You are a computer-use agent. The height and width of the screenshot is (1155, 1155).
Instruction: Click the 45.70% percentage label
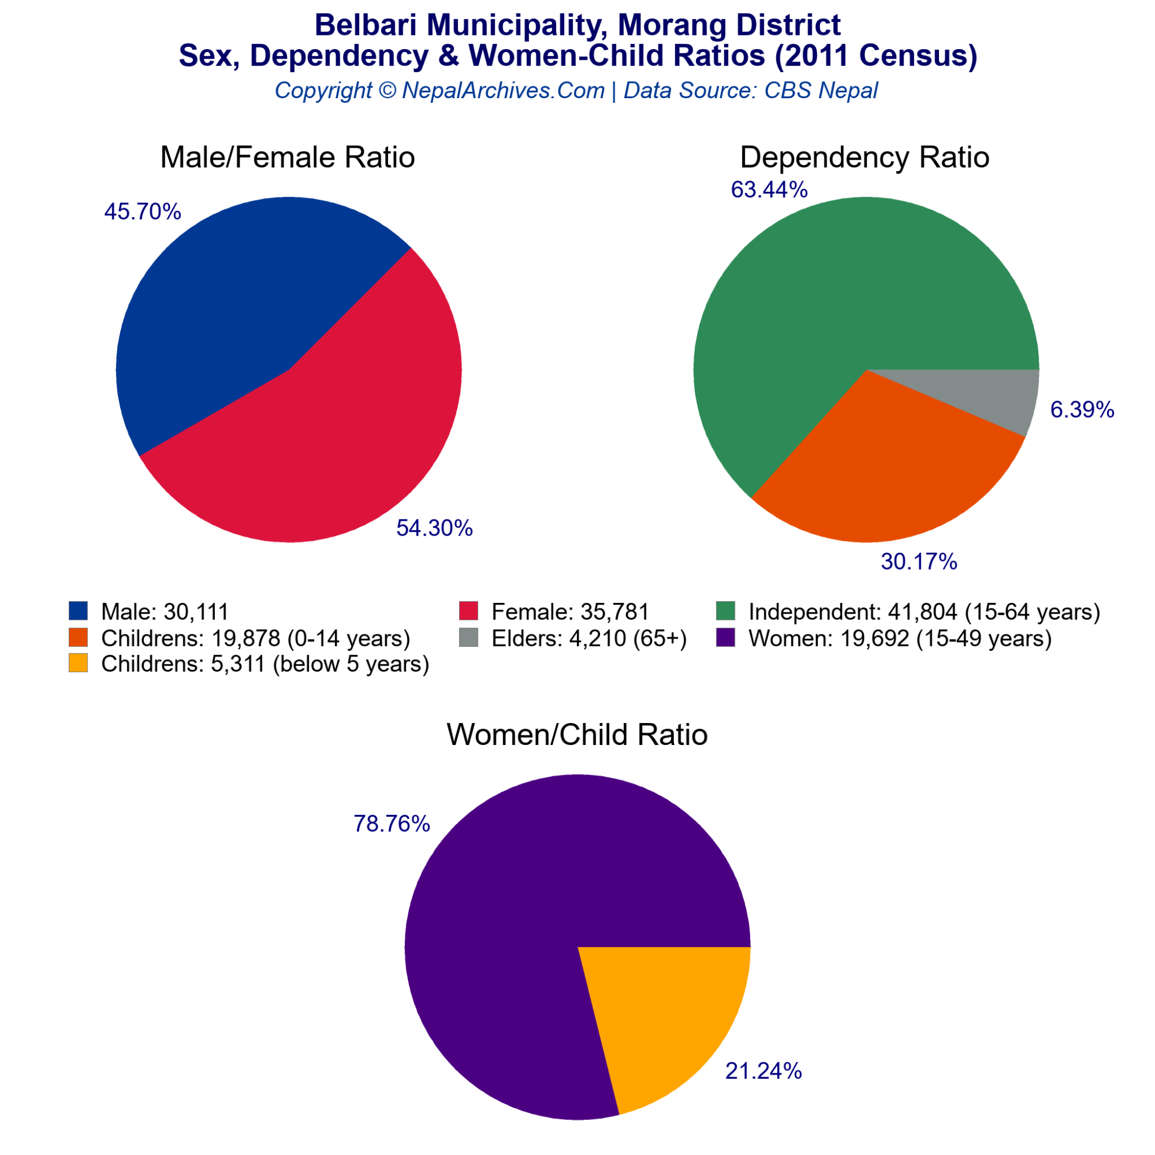tap(142, 211)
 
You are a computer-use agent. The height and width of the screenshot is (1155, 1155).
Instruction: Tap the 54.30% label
tap(435, 528)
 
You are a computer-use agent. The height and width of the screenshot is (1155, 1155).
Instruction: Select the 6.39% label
tap(1082, 409)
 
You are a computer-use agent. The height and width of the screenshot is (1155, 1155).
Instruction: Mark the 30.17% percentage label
tap(919, 561)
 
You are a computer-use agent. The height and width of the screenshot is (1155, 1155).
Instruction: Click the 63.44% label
tap(769, 189)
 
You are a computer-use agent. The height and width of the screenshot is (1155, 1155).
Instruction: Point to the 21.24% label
tap(764, 1071)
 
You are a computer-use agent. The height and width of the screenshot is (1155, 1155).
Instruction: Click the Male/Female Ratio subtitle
tap(288, 157)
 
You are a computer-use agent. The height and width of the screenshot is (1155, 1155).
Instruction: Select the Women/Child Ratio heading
tap(577, 734)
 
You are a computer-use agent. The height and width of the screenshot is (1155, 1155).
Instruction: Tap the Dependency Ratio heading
tap(865, 157)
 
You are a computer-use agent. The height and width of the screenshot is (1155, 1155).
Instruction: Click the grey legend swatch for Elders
tap(469, 637)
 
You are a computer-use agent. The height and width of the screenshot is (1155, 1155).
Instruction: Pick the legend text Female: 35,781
tap(570, 611)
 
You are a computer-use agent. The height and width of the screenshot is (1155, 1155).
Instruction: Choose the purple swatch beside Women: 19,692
tap(726, 637)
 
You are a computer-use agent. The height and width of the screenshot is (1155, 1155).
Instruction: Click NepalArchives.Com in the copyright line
tap(504, 90)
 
